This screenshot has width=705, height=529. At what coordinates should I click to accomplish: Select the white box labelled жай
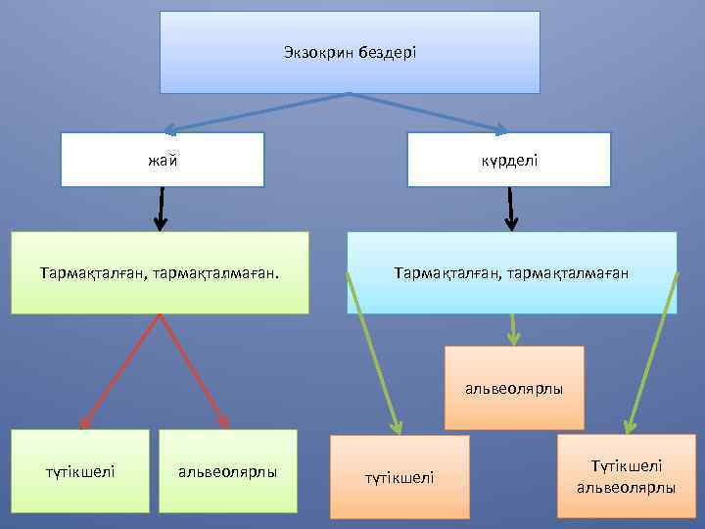click(x=163, y=160)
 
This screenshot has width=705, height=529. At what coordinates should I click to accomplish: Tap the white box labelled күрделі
click(x=509, y=160)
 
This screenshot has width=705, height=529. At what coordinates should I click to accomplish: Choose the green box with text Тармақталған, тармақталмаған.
click(x=160, y=272)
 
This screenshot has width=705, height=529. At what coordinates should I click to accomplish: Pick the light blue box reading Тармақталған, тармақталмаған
click(x=511, y=272)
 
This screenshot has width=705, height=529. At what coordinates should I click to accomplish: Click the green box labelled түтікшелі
click(x=80, y=471)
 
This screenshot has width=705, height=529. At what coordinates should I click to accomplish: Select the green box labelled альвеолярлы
click(x=227, y=471)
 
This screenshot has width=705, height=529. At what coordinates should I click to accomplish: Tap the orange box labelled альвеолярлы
click(x=514, y=389)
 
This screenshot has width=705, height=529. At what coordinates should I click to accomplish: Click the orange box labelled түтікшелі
click(x=399, y=477)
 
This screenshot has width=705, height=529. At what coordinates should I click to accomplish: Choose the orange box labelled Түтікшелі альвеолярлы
click(x=626, y=477)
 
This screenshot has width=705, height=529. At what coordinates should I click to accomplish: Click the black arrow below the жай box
click(x=161, y=209)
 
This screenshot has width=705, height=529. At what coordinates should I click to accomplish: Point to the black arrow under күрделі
click(x=510, y=209)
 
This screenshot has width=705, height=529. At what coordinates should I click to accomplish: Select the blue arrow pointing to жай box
click(x=255, y=112)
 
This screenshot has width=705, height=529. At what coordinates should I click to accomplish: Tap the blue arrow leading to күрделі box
click(x=431, y=112)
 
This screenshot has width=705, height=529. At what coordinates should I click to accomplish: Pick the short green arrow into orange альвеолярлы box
click(x=512, y=330)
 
